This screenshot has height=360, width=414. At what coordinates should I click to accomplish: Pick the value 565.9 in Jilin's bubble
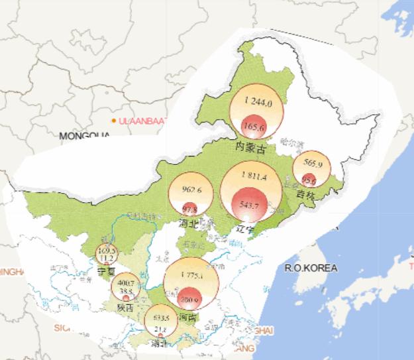click(x=312, y=163)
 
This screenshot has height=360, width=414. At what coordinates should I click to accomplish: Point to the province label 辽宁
click(x=246, y=229)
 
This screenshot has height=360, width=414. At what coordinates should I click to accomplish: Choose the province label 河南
click(x=187, y=318)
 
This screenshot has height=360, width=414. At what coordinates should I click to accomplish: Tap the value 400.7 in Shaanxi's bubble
click(x=125, y=284)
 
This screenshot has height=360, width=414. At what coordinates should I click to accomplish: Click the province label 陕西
click(x=125, y=308)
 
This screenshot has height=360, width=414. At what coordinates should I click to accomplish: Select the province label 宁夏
click(x=106, y=271)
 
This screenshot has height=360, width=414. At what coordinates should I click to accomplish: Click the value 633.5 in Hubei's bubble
click(x=161, y=318)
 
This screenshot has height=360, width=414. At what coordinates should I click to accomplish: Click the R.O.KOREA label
click(x=311, y=268)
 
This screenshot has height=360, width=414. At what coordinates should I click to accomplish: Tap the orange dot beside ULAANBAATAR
click(x=114, y=120)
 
